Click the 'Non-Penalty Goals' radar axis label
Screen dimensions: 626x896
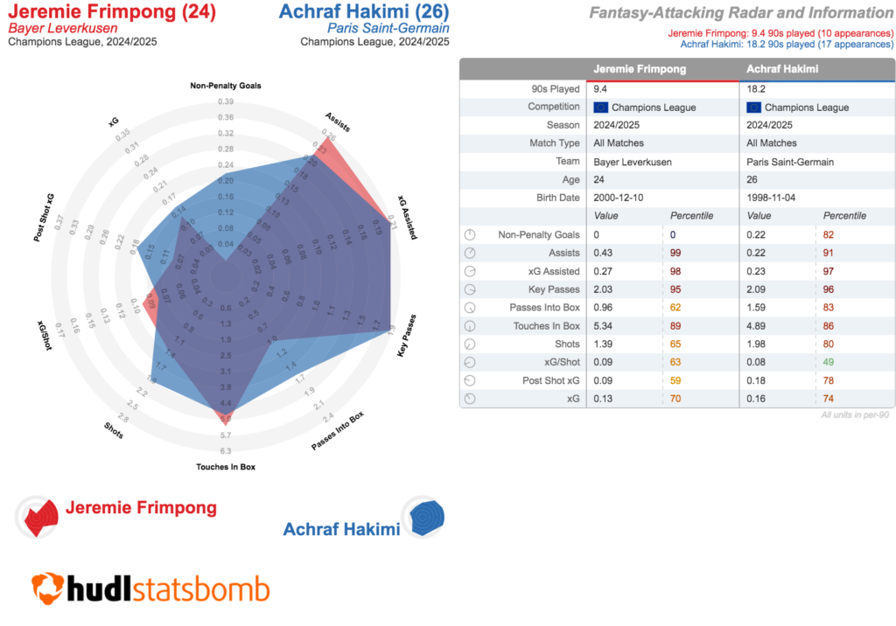coord(225,86)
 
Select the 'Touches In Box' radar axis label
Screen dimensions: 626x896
coord(225,467)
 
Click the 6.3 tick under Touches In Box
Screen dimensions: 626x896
coord(225,451)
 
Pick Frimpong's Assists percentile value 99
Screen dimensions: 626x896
coord(675,253)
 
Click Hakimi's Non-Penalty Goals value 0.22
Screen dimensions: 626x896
coord(755,234)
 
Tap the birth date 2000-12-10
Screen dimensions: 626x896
coord(618,198)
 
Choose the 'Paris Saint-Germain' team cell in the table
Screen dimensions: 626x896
coord(791,162)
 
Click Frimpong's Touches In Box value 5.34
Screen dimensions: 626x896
coord(604,325)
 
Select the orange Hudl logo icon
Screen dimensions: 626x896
coord(47,588)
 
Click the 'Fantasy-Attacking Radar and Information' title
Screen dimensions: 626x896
coord(740,13)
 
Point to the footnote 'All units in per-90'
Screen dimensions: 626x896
coord(855,414)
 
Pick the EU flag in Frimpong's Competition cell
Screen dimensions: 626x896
coord(600,108)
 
